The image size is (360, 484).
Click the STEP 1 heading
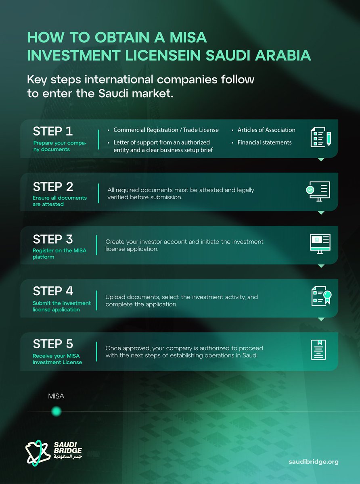52,131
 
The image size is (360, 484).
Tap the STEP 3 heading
53,239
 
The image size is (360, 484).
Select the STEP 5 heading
53,344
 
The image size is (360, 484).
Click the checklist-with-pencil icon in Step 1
321,137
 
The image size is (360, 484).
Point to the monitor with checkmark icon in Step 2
318,191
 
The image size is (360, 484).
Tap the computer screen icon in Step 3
320,244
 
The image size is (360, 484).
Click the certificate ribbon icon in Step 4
322,296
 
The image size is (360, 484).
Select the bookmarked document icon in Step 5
318,350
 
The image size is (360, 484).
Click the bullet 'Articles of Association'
266,130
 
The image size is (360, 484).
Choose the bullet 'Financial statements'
264,142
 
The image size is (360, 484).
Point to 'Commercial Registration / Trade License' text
166,130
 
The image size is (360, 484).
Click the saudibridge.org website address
314,461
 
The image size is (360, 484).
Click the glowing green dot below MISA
56,411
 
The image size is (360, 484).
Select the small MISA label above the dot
56,396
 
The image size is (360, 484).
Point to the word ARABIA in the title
283,55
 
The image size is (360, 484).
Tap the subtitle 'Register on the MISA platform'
59,254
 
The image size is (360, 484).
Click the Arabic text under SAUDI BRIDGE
68,457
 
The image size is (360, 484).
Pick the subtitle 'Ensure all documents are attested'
60,201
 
